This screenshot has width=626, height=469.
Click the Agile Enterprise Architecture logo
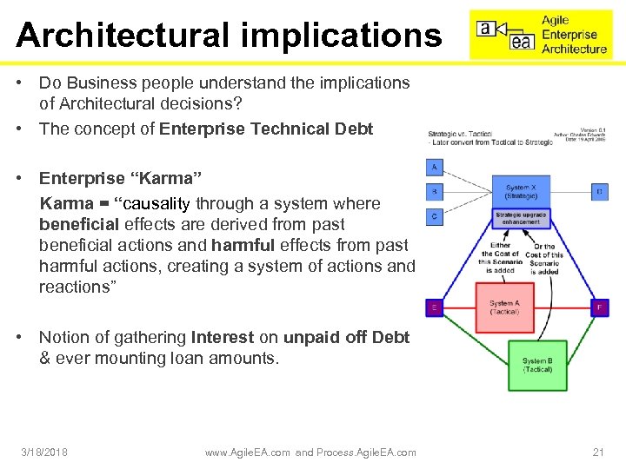click(x=541, y=35)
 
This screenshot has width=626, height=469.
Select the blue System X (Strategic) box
click(x=521, y=192)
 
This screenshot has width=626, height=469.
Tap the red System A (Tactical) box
click(x=504, y=307)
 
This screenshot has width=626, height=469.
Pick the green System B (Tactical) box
click(x=537, y=366)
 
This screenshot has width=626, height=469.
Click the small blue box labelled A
click(x=435, y=167)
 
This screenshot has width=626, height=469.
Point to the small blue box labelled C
click(x=435, y=215)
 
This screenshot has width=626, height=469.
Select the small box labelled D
click(x=599, y=190)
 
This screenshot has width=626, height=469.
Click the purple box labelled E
click(x=434, y=307)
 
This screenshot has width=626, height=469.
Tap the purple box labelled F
click(x=599, y=307)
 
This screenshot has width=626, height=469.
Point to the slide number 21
click(x=597, y=452)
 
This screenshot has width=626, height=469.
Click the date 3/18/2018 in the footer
click(x=45, y=452)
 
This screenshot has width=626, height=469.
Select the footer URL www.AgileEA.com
click(x=248, y=452)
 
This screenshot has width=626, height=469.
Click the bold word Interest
click(x=223, y=337)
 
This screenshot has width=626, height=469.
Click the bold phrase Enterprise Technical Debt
click(x=266, y=129)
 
